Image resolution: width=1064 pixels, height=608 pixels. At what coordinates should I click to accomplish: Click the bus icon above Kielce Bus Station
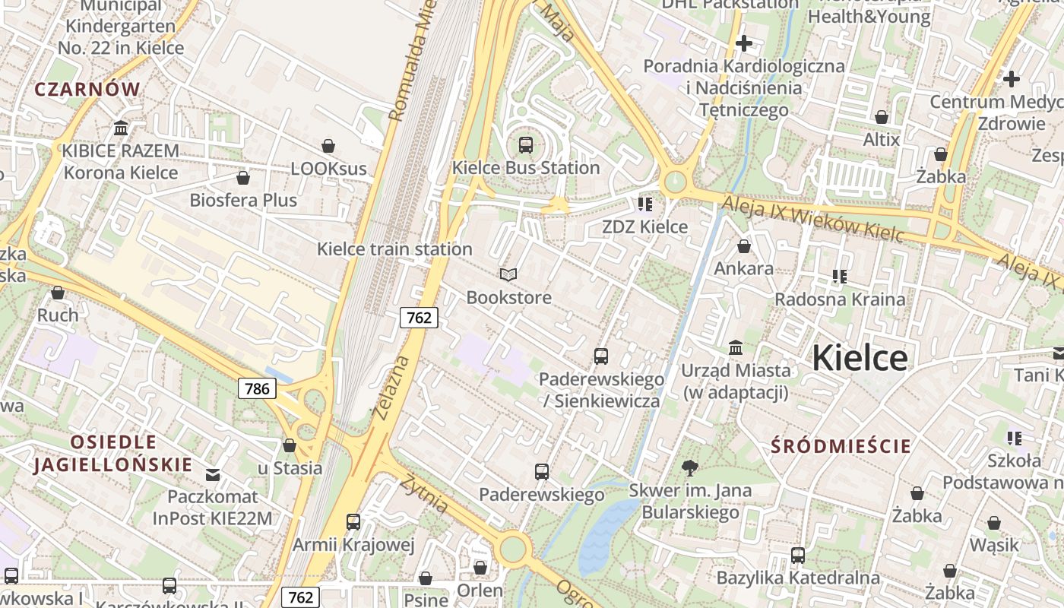point(525,144)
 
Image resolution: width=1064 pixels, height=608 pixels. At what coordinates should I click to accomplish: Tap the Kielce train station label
point(394,249)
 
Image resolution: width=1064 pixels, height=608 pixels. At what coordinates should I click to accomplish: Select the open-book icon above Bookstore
point(508,274)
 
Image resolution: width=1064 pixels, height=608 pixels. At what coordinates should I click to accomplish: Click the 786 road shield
point(257,388)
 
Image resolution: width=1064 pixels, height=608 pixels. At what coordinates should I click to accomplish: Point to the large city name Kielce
point(860,358)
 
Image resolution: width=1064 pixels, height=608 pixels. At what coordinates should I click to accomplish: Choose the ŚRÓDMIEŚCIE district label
point(841,446)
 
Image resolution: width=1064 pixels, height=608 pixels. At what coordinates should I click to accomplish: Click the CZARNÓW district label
point(87,89)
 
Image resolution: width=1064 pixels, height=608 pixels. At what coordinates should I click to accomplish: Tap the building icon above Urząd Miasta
point(736,348)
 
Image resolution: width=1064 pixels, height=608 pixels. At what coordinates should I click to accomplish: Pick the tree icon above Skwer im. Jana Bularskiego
point(690,467)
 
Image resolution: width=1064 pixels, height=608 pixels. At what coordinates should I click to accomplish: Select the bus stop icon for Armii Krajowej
point(353,522)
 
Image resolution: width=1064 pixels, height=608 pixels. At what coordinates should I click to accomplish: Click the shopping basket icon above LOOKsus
point(328,146)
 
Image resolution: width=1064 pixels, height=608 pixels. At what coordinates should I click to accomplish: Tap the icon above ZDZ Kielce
point(645,204)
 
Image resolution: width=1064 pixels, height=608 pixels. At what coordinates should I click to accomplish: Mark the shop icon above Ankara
point(744,246)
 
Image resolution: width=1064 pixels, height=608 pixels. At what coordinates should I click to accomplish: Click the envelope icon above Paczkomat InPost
point(213,475)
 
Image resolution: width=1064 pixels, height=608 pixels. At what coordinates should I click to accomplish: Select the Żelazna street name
point(391,387)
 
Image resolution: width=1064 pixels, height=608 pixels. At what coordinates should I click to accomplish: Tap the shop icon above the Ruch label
point(58,293)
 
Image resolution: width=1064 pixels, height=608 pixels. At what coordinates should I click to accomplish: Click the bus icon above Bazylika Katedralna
point(797,556)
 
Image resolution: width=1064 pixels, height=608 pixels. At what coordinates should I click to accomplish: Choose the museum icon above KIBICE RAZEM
point(120,128)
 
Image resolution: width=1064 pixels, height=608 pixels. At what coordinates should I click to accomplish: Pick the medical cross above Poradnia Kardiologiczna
point(744,43)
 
